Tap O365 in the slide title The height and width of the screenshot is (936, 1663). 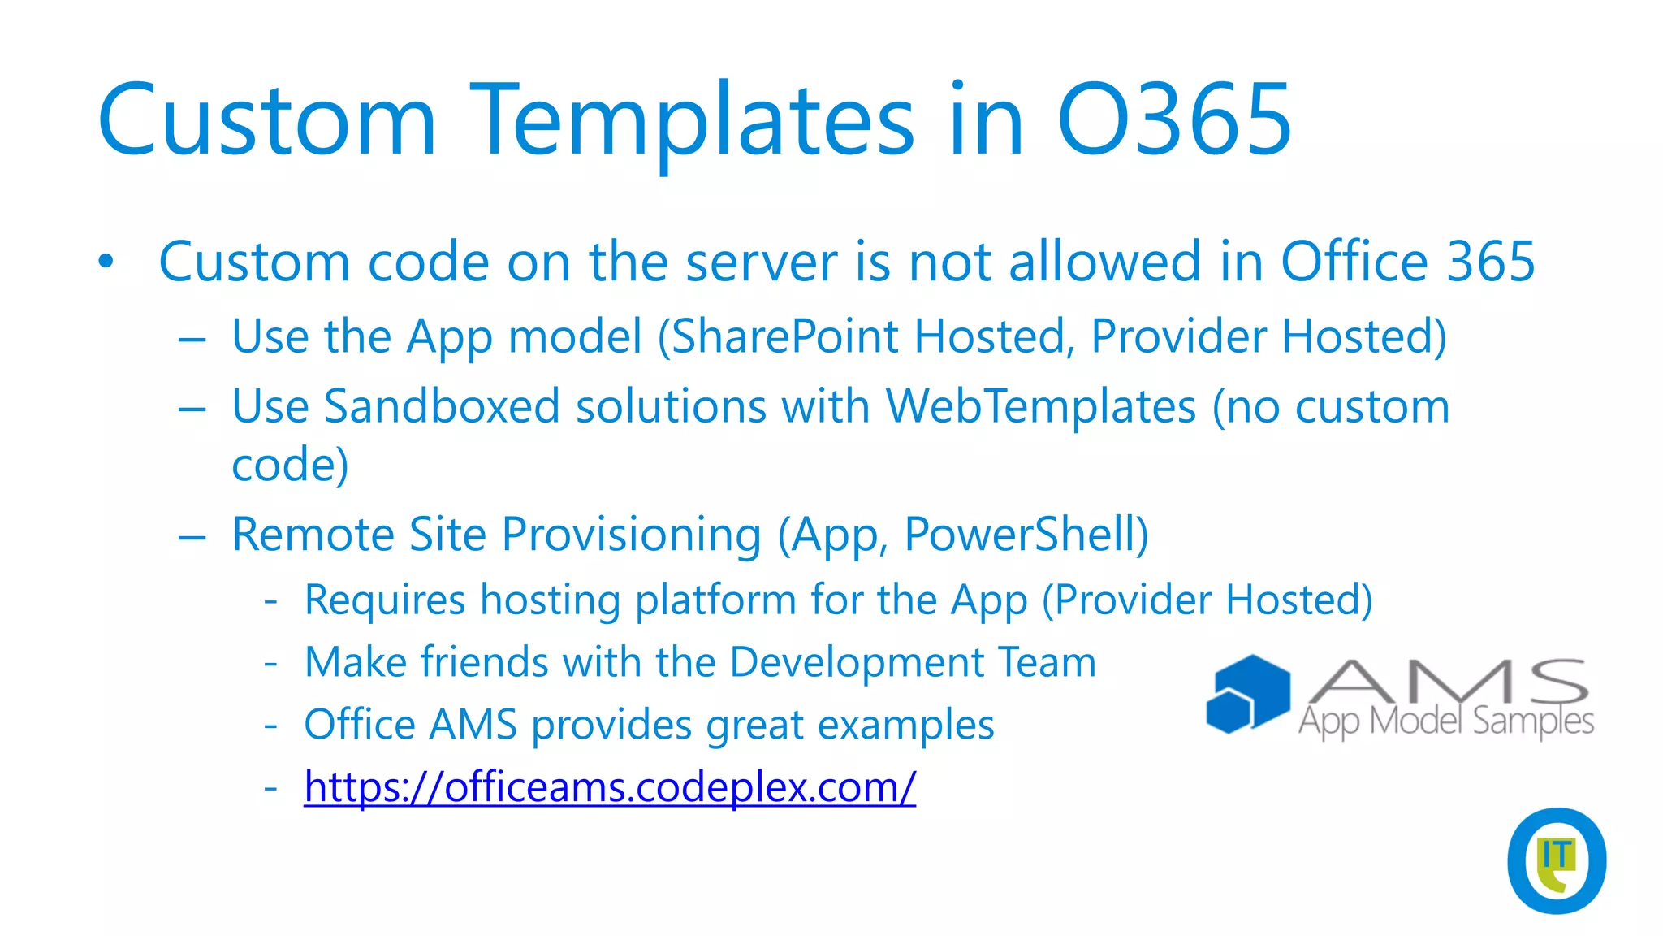(1174, 120)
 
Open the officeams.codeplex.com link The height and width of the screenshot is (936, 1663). (610, 786)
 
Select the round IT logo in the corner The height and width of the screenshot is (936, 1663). (1556, 860)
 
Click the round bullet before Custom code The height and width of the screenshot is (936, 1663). (106, 262)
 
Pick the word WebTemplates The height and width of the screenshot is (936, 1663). (1040, 406)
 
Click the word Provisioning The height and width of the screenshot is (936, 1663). (631, 535)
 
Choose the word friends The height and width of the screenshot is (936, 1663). (484, 661)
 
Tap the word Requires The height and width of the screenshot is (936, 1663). (385, 600)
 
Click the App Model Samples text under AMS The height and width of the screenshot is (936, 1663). (1446, 721)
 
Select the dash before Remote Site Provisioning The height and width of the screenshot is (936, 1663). (192, 536)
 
